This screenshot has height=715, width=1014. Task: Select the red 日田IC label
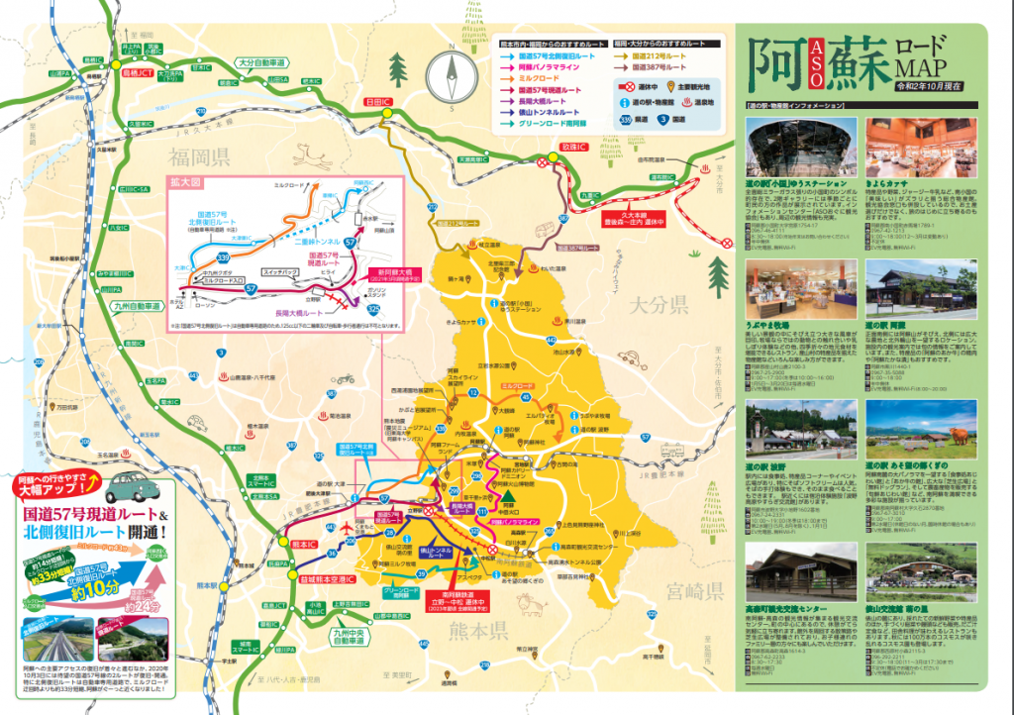(x=378, y=101)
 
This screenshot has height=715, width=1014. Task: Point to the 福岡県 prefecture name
(x=198, y=156)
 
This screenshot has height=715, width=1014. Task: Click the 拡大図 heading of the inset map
(x=188, y=185)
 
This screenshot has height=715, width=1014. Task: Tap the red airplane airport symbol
(x=346, y=529)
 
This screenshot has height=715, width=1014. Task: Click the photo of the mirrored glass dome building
(x=800, y=147)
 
